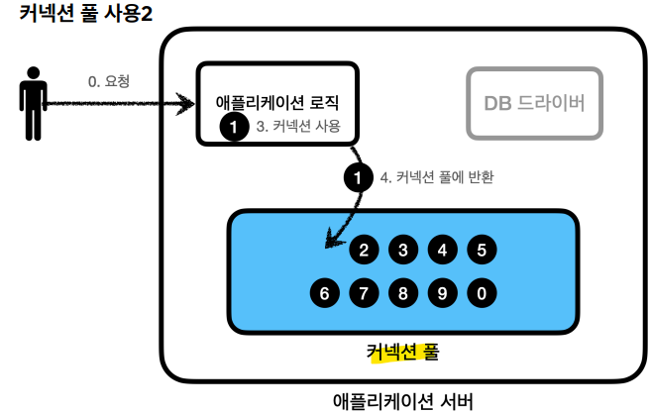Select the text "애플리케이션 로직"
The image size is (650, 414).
tap(277, 102)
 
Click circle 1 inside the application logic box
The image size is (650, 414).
tap(233, 127)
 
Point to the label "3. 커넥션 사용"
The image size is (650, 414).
tap(297, 127)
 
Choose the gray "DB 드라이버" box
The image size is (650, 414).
tap(534, 102)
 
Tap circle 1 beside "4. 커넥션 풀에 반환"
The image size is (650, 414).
tap(356, 178)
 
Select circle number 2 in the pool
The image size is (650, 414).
tap(364, 250)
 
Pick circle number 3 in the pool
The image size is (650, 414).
tap(403, 250)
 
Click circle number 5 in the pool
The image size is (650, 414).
tap(481, 250)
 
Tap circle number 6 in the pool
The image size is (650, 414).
tap(324, 293)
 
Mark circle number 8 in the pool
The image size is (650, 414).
tap(403, 293)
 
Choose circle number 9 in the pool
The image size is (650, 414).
tap(442, 293)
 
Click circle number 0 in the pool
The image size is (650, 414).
tap(481, 293)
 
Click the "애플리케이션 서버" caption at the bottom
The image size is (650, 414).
tap(404, 401)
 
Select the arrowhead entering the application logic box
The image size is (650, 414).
tap(187, 101)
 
